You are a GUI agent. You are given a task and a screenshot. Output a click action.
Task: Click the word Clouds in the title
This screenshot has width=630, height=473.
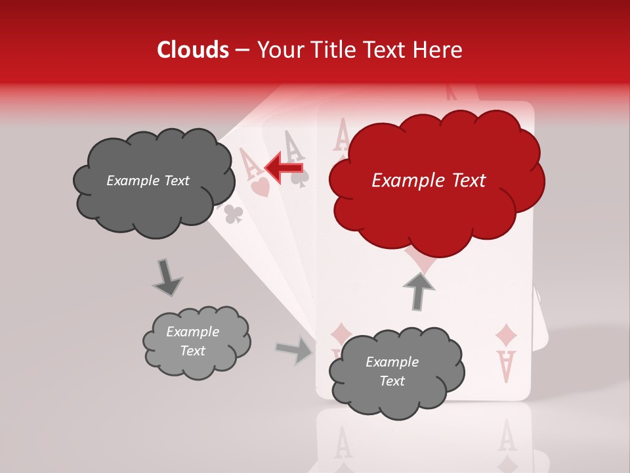(193, 50)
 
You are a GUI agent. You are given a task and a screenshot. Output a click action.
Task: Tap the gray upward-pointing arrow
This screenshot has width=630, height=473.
(418, 290)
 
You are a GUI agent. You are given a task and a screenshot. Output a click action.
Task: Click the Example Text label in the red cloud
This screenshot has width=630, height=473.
(429, 181)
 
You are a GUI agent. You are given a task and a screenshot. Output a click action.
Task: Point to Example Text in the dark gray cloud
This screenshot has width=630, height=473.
(148, 181)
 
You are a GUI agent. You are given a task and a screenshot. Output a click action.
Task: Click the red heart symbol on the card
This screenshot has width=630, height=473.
(259, 187)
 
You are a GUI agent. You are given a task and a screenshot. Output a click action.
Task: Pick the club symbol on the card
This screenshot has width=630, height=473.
(234, 213)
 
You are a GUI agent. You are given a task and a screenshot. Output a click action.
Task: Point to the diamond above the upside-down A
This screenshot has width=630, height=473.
(506, 335)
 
